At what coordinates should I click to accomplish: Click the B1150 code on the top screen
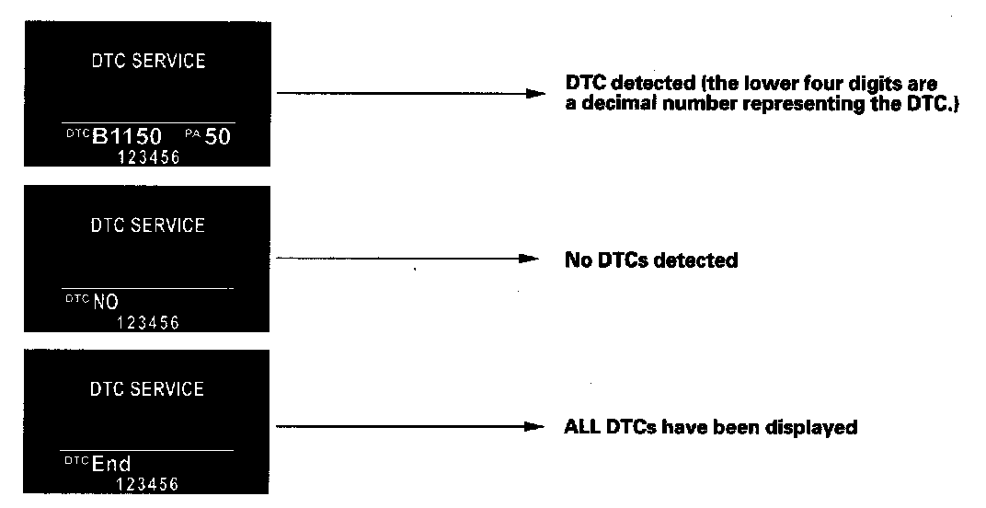point(127,138)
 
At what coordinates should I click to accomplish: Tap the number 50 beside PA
point(217,138)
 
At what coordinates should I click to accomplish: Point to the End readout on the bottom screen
point(111,465)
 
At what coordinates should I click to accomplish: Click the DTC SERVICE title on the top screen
point(147,62)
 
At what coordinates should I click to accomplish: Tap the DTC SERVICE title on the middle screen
point(147,225)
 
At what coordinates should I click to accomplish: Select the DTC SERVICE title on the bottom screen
point(147,388)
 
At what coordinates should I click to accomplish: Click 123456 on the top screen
point(148,158)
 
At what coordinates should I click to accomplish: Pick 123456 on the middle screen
point(148,322)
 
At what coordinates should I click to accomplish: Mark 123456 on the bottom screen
point(148,484)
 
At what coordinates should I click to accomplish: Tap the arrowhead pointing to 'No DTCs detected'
point(528,260)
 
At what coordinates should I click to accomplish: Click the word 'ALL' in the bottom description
point(579,427)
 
